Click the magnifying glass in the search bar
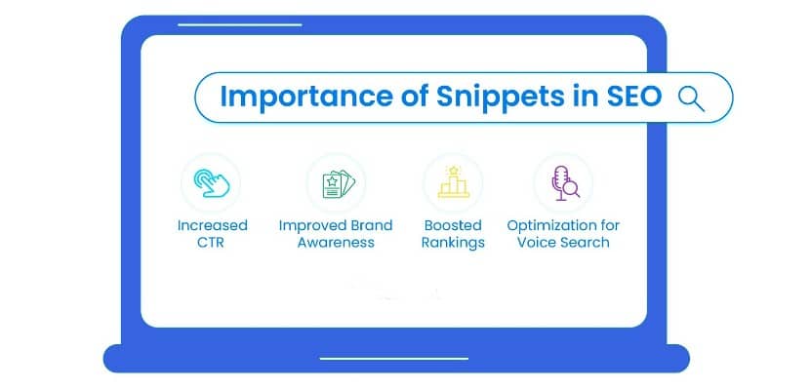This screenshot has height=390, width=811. click(691, 97)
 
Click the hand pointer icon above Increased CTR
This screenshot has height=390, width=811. click(211, 182)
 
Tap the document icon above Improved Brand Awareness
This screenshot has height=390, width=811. click(336, 182)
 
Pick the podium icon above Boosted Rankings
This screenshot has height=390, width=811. click(453, 182)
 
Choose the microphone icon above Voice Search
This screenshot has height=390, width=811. click(562, 182)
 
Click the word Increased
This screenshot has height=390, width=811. click(212, 225)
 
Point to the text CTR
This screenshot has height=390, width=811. click(212, 242)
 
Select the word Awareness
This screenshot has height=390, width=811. click(336, 242)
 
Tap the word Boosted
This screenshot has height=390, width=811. click(453, 225)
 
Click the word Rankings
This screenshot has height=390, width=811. click(453, 242)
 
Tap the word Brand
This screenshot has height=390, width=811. click(371, 225)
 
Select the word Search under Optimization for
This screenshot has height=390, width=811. click(586, 242)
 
